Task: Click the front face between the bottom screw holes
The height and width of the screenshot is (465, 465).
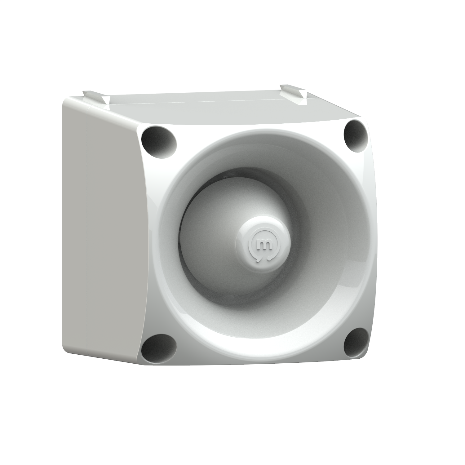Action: (257, 356)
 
